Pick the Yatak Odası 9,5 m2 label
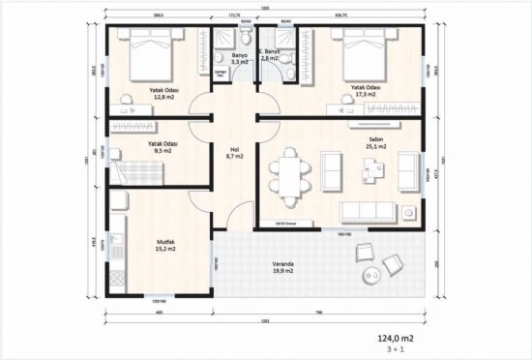(161, 147)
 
